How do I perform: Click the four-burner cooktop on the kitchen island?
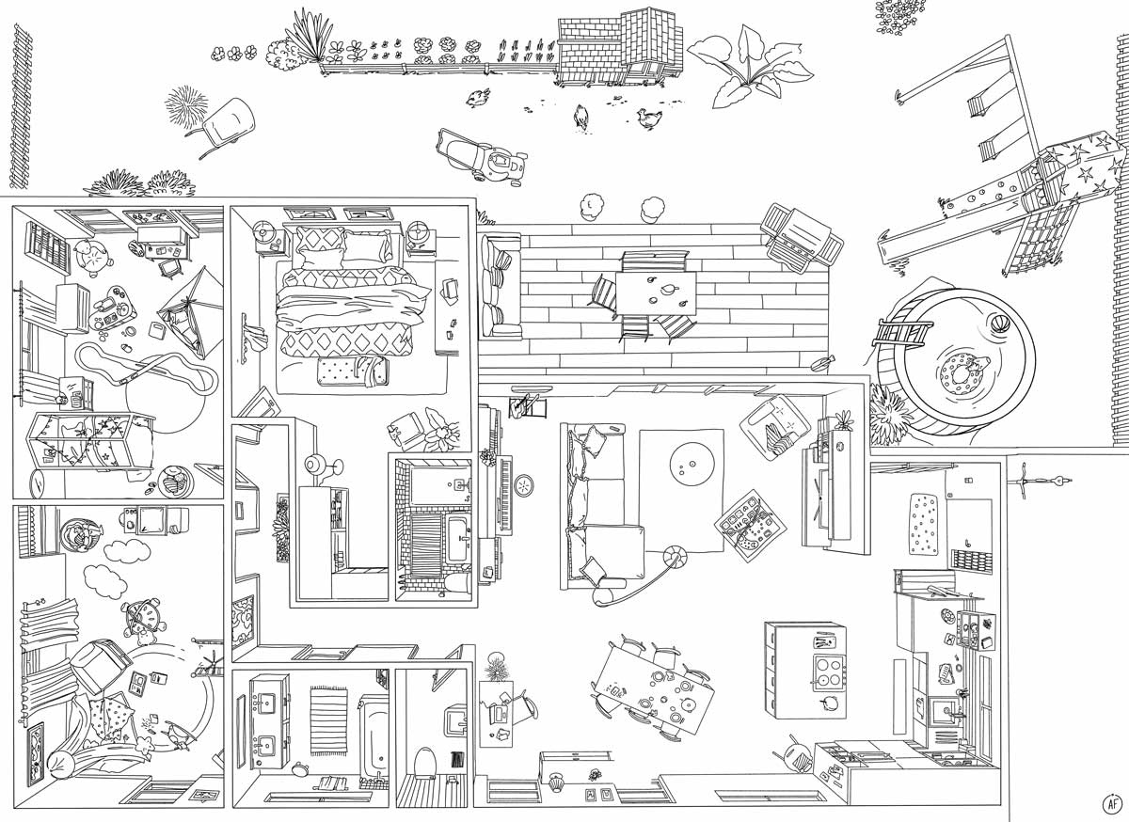(830, 672)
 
